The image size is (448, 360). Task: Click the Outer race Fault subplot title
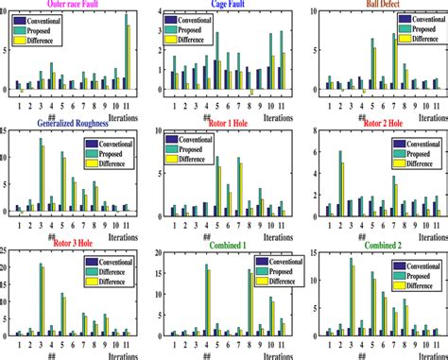[61, 5]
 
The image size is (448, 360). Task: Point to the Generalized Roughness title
[67, 122]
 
